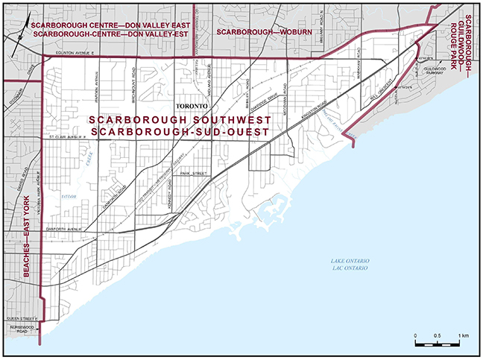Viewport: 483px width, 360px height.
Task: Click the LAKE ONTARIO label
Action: [351, 260]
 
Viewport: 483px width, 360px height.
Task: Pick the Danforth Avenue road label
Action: [63, 230]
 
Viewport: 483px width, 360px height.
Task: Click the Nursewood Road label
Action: [22, 329]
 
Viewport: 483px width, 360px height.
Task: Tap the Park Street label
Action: [193, 172]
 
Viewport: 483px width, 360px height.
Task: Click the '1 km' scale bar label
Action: [463, 336]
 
